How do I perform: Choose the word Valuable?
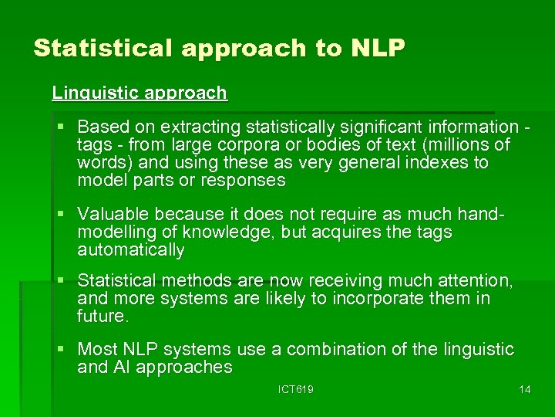pos(113,214)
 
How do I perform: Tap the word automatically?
pos(131,251)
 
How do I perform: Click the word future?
pos(103,317)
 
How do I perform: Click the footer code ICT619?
pos(295,390)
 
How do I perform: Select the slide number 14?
pos(524,390)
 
